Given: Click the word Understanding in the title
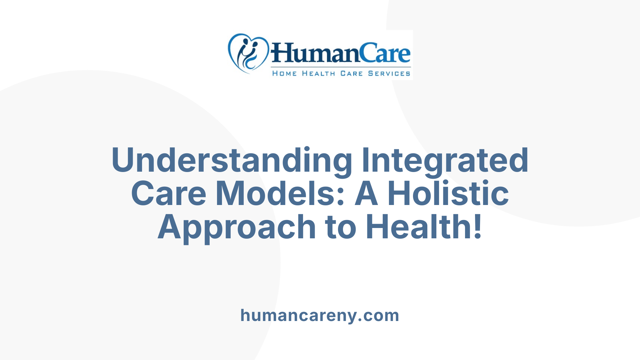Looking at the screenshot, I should click(x=232, y=161).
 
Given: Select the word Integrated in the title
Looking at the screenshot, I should click(x=445, y=161).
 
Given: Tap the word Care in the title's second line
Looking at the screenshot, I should click(x=169, y=193).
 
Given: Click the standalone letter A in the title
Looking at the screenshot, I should click(x=366, y=193).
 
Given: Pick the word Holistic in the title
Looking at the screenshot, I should click(x=448, y=193).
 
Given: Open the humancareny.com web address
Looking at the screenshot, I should click(x=320, y=315).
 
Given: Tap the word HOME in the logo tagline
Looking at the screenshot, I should click(x=284, y=73).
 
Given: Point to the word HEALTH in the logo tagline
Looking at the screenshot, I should click(x=318, y=73).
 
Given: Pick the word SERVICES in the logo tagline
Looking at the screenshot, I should click(x=389, y=73).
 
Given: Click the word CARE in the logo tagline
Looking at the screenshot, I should click(x=351, y=73).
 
